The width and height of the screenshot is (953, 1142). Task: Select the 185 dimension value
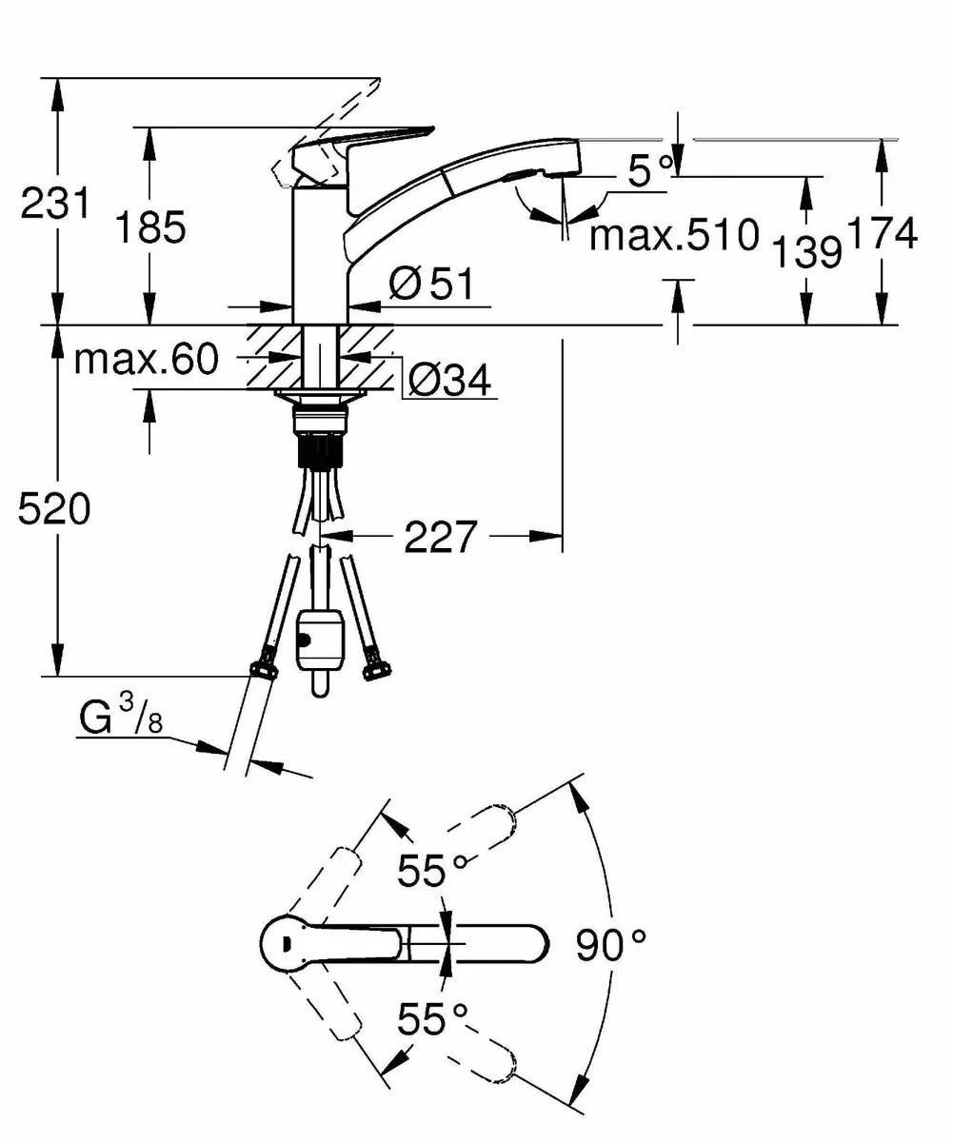(x=149, y=227)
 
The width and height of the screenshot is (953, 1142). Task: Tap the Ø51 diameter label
(x=429, y=284)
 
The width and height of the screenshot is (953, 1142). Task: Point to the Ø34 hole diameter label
(x=449, y=381)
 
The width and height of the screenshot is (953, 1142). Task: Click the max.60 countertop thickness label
(x=147, y=359)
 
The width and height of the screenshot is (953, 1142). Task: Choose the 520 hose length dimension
(x=55, y=510)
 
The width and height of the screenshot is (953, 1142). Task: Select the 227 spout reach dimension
(x=440, y=538)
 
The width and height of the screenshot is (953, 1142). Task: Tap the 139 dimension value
(x=806, y=251)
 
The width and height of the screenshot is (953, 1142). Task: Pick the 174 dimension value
(x=883, y=233)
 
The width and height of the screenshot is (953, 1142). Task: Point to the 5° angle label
(x=650, y=171)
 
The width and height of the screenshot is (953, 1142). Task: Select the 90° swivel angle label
(x=610, y=945)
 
